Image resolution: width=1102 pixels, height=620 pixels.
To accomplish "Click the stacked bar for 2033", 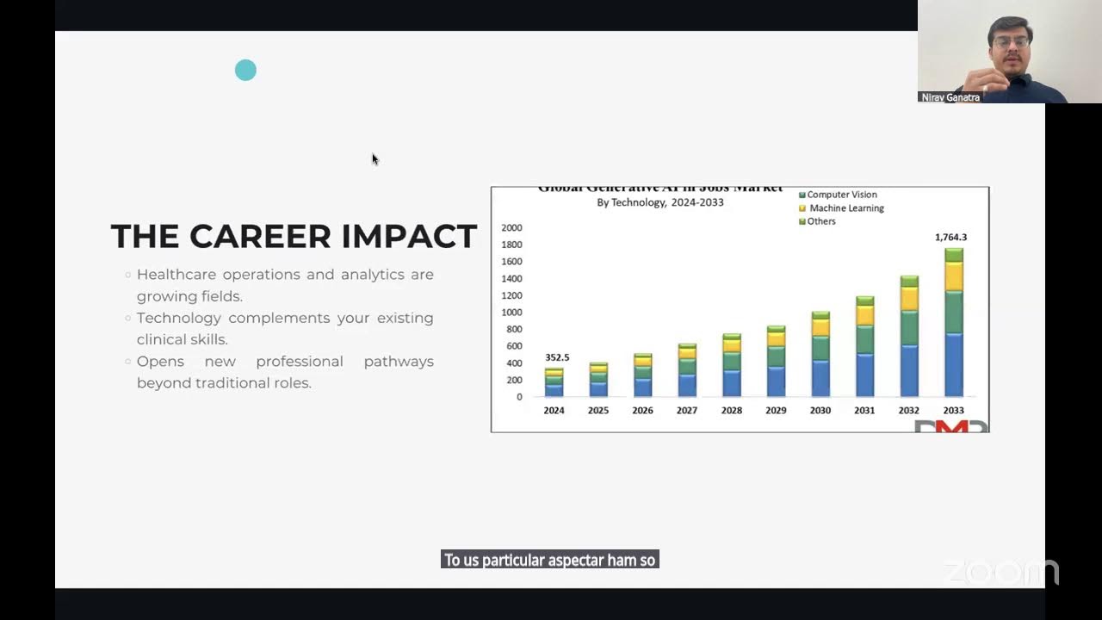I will pos(953,323).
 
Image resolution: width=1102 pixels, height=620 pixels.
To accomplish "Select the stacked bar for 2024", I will pos(554,382).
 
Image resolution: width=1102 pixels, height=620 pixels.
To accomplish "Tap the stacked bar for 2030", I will pos(820,354).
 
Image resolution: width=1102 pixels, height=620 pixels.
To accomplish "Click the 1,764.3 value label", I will pos(950,237).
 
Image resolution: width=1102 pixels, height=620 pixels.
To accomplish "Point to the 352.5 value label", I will pos(557,357).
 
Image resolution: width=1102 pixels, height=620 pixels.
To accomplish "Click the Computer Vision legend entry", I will pos(841,195).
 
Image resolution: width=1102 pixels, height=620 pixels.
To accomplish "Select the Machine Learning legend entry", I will pos(845,208).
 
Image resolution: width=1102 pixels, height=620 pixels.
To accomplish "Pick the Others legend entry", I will pos(820,221).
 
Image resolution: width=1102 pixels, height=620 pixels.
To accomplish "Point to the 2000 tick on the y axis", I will pos(511,228).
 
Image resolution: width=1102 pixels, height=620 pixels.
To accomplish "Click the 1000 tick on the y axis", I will pos(511,313).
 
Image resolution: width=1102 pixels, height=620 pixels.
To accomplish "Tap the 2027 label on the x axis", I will pos(687,411).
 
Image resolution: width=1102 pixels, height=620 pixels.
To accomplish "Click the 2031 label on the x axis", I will pos(864,411).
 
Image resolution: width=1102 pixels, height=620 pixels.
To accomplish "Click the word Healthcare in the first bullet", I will pos(176,275).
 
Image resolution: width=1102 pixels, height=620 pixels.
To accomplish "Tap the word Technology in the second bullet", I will pos(178,318).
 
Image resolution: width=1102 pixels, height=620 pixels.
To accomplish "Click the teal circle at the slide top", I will pos(245,71).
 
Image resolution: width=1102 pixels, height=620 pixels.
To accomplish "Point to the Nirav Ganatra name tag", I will pos(950,97).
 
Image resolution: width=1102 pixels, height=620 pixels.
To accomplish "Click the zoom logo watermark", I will pos(1001,571).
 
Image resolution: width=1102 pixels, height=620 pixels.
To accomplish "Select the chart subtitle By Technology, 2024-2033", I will pos(660,202).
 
